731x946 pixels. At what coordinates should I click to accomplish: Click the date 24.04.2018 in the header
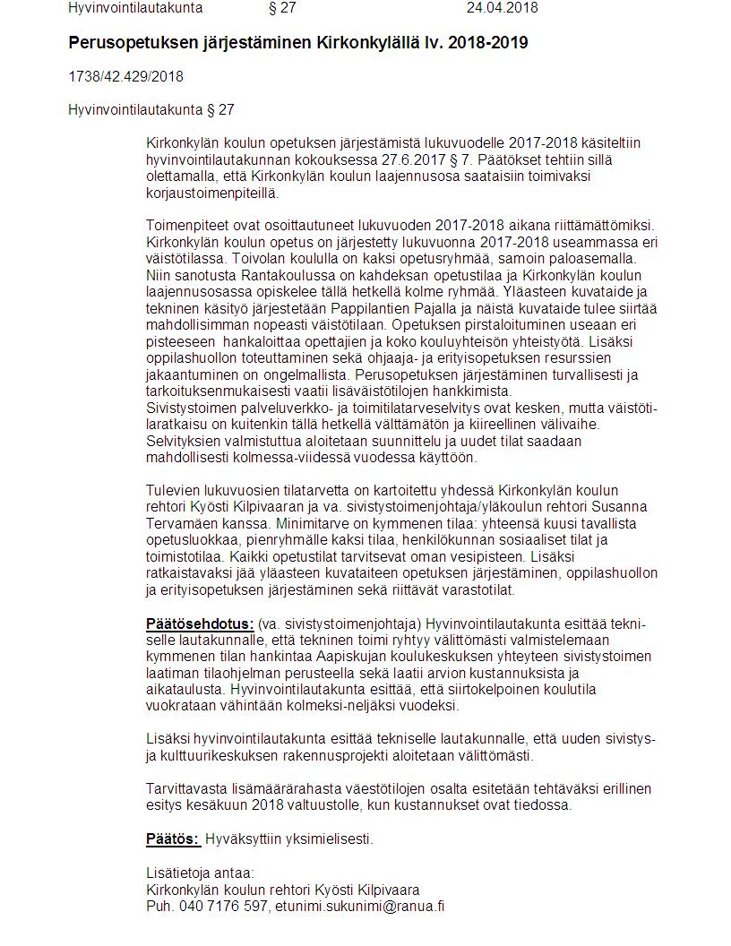point(502,8)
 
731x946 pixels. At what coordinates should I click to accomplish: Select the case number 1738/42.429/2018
point(125,77)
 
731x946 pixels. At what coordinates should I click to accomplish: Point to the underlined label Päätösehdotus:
point(200,623)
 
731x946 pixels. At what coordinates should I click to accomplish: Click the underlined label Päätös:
point(172,839)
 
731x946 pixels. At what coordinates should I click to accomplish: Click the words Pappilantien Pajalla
point(410,308)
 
